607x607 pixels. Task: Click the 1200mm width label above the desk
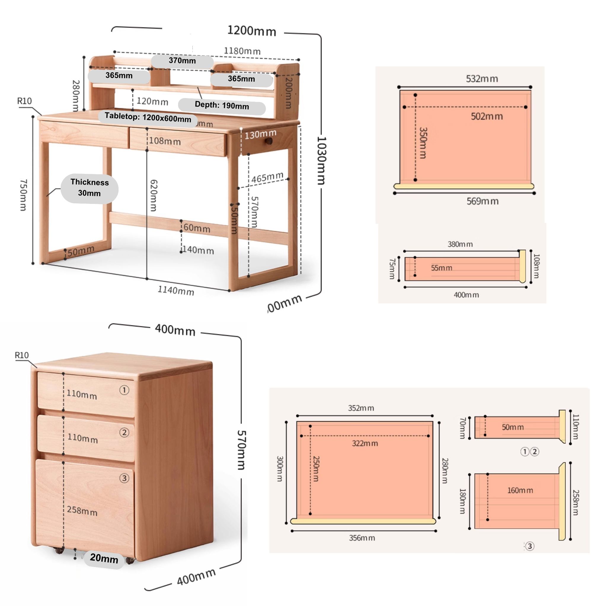point(252,31)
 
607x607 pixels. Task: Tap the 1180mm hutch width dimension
point(242,51)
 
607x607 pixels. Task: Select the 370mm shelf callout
point(182,61)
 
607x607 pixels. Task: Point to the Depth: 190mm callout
point(222,106)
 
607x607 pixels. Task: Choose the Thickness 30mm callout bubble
point(90,188)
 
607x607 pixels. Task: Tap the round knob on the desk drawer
point(269,141)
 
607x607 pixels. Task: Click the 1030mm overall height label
point(321,160)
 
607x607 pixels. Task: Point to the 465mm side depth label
point(267,178)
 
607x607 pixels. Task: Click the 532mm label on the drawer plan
point(482,79)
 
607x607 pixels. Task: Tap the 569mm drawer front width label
point(482,201)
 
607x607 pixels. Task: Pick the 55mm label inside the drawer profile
point(441,268)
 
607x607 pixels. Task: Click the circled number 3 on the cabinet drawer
point(124,478)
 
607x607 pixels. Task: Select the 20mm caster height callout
point(104,558)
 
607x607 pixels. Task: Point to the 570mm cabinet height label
point(241,450)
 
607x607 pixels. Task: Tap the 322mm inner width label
point(365,443)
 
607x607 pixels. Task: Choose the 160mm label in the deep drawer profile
point(520,491)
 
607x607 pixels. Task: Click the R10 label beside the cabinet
point(22,355)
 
